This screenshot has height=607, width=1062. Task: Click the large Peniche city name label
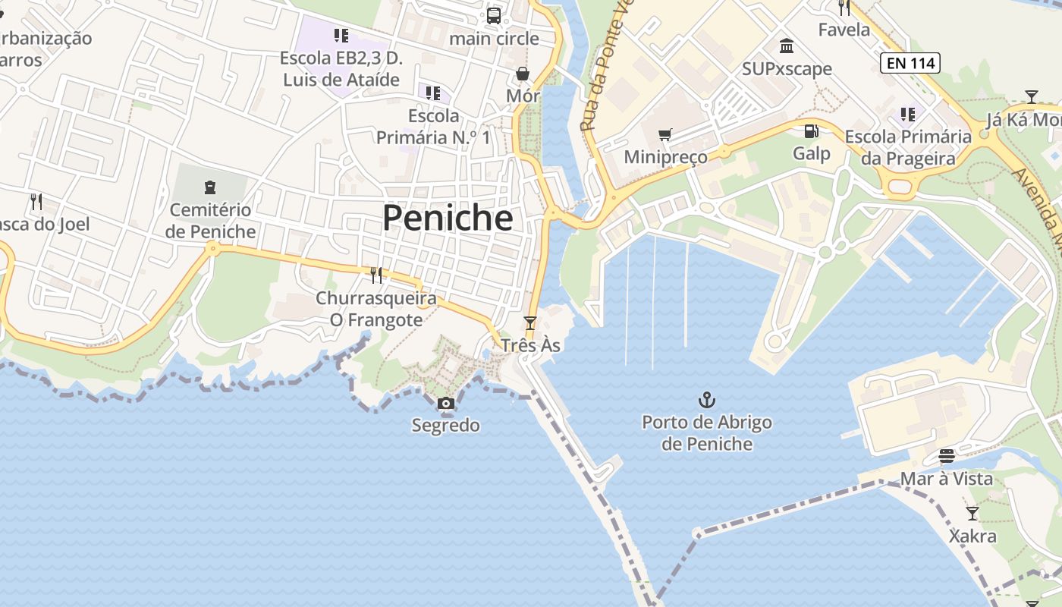pos(448,219)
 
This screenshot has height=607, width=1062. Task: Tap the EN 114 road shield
pos(910,64)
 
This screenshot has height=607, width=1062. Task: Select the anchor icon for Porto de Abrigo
pos(707,399)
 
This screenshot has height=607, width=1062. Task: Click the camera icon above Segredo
pos(446,404)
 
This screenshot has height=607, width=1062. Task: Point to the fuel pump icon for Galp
pos(811,131)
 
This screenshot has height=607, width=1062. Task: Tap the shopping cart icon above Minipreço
pos(665,135)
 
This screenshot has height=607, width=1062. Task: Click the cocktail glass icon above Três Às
pos(530,323)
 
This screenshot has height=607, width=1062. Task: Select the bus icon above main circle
pos(494,15)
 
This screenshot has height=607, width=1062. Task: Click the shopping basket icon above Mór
pos(523,74)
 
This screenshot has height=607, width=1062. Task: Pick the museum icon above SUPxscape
pos(787,46)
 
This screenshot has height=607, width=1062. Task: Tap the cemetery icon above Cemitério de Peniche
pos(210,187)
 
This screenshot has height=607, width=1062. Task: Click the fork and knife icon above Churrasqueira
pos(375,275)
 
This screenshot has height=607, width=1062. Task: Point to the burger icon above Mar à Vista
pos(946,456)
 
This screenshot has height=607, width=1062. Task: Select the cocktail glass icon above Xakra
pos(972,514)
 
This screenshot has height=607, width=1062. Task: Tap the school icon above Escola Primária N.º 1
pos(433,93)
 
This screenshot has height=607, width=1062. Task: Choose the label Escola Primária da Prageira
pos(908,147)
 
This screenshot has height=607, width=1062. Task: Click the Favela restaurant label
pos(844,30)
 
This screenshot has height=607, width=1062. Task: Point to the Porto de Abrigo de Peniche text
pos(707,433)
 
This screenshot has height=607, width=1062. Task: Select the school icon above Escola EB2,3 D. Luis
pos(341,36)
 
